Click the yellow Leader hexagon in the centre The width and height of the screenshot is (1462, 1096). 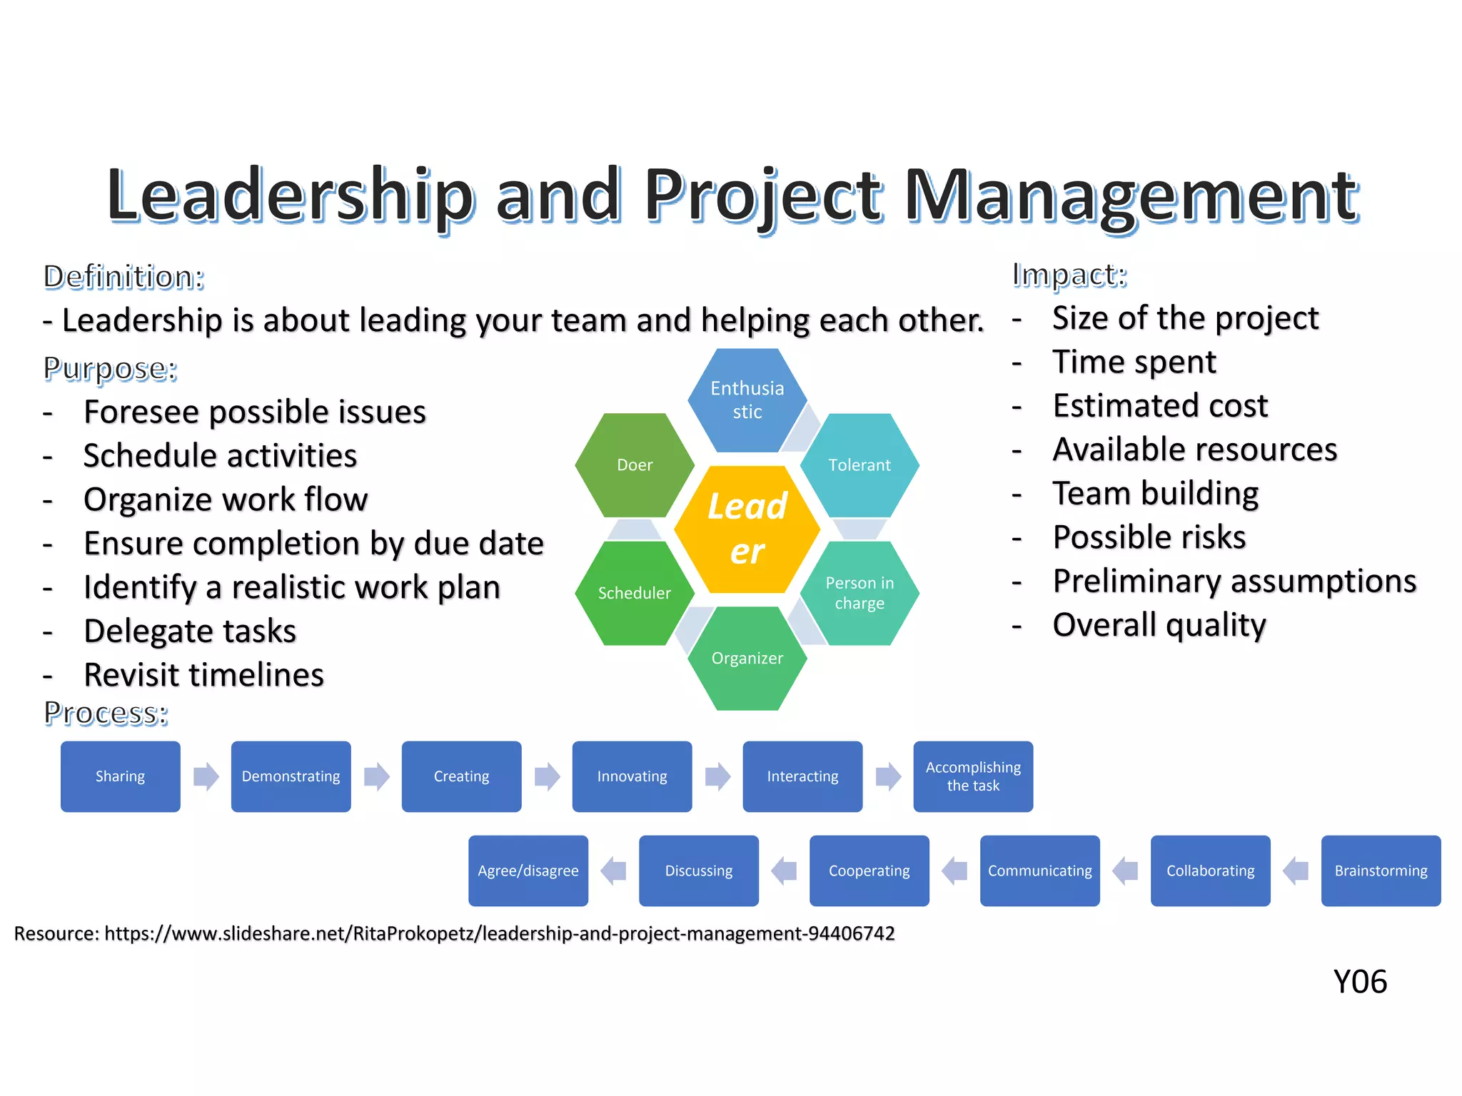[747, 529]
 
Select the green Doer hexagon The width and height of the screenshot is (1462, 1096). [635, 465]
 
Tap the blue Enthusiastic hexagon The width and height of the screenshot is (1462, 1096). [747, 400]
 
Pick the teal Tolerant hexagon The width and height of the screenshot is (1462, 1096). [859, 465]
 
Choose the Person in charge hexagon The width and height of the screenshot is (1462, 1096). [859, 593]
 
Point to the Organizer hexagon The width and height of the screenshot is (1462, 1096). [747, 658]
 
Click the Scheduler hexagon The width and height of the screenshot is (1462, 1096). [635, 593]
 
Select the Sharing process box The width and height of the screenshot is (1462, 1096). [121, 776]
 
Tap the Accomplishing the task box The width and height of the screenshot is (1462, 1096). [973, 776]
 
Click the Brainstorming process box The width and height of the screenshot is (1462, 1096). [1381, 871]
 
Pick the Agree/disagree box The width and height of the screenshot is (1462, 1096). [528, 871]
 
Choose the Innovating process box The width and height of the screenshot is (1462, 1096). [632, 776]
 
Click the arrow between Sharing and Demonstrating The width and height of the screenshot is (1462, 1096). [206, 776]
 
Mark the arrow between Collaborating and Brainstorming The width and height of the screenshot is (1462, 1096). [1296, 871]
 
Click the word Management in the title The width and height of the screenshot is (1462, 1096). [1131, 196]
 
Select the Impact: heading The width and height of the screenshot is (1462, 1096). [1069, 275]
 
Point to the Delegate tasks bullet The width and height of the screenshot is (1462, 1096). [190, 631]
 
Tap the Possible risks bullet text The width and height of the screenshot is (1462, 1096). [1149, 537]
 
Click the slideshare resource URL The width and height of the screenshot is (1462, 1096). [499, 933]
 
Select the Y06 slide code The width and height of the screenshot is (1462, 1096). [1360, 982]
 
